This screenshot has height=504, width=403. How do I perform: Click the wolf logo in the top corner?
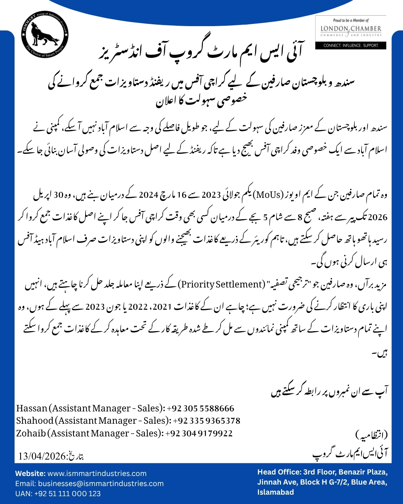coord(45,34)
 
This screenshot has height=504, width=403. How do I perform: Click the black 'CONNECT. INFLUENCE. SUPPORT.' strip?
coord(351,46)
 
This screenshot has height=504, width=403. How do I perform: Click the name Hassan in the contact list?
coord(32,408)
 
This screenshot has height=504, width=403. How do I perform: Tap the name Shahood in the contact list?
coord(35,421)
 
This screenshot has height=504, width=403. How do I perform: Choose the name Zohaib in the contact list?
coord(31,433)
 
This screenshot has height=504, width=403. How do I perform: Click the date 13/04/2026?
coord(42,456)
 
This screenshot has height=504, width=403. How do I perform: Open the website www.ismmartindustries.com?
coord(97,473)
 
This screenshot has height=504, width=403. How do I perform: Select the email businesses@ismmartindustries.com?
coord(101,483)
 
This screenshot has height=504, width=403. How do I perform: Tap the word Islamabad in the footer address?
coord(275,492)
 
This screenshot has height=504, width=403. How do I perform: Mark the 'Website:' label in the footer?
coord(30,473)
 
